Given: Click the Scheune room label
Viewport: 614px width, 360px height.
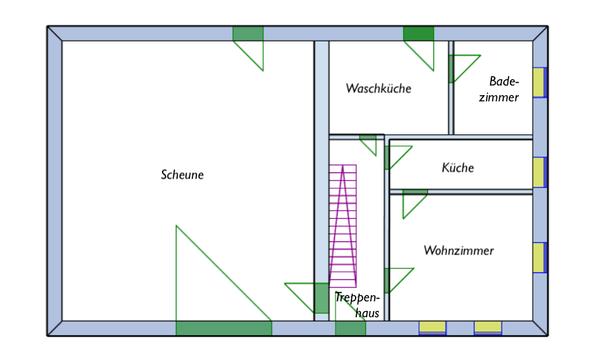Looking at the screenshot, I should click(182, 175).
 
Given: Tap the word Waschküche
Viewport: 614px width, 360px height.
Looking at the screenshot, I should click(378, 88).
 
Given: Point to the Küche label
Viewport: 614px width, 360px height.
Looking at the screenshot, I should click(458, 168).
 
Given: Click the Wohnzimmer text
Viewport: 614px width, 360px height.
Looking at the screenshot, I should click(459, 250).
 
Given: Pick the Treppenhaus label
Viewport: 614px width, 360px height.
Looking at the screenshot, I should click(358, 305).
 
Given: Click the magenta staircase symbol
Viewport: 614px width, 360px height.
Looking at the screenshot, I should click(343, 226).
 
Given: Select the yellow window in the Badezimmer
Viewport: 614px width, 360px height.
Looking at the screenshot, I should click(539, 83).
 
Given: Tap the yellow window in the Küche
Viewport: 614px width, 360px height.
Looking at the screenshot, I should click(539, 172).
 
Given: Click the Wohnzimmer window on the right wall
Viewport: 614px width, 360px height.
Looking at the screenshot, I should click(539, 257).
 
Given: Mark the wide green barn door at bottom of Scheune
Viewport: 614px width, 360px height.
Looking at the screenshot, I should click(224, 328).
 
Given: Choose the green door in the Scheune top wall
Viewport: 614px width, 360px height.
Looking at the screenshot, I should click(248, 34).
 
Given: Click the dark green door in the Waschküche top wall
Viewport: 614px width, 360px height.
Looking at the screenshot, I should click(418, 34).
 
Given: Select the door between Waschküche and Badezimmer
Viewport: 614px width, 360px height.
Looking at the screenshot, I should click(452, 69).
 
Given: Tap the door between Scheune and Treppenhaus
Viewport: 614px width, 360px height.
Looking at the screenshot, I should click(321, 298).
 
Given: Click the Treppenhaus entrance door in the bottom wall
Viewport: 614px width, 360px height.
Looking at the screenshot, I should click(350, 328).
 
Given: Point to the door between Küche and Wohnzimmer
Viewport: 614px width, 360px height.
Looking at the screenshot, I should click(415, 192).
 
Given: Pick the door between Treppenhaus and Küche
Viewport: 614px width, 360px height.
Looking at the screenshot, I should click(387, 158).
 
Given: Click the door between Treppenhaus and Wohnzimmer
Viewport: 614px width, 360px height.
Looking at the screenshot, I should click(387, 281).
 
